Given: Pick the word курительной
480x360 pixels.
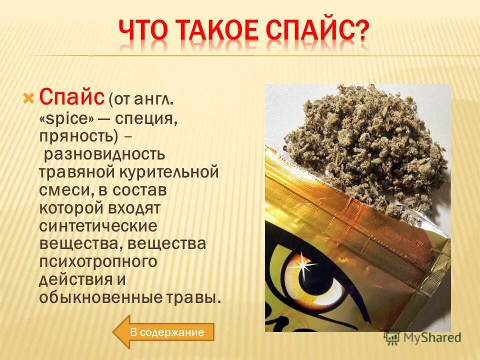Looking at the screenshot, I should tap(169, 172).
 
